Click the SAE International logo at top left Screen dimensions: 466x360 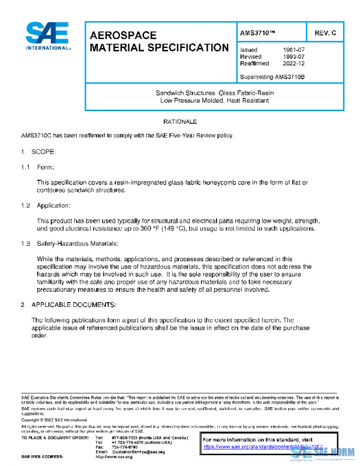47,36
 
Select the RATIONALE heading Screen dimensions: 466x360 180,122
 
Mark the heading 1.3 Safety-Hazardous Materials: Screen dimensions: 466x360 70,243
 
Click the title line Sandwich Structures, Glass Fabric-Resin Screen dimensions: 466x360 215,93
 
